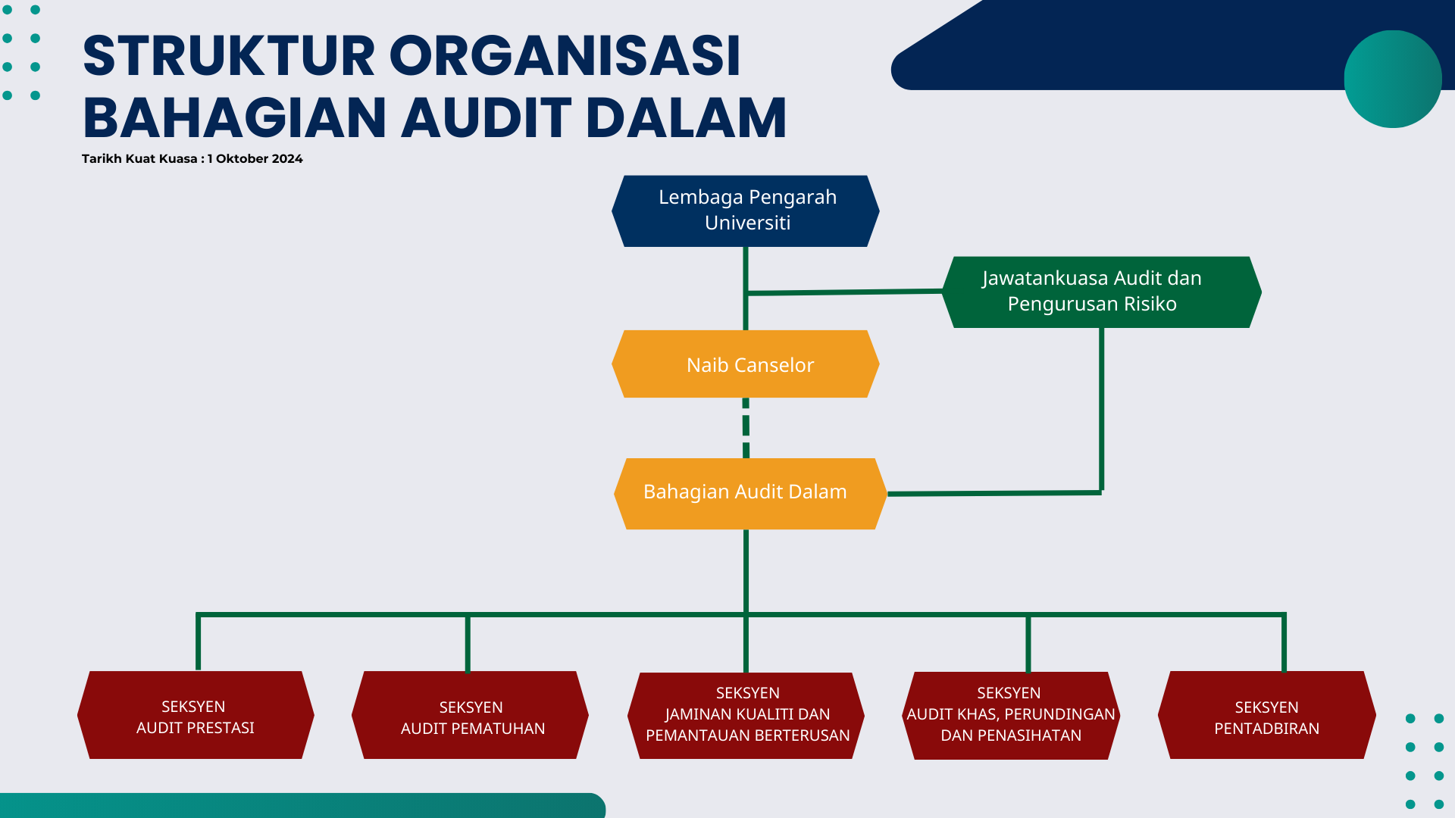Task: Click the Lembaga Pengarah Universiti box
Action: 746,211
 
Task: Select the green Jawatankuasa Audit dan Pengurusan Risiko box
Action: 1101,292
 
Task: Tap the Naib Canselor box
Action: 746,364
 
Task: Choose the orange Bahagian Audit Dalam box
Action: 749,493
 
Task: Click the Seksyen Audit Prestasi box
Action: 196,715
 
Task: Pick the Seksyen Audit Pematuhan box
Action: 470,715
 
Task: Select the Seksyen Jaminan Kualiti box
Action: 746,715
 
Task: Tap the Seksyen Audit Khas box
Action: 1011,715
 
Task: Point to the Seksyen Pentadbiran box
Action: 1266,715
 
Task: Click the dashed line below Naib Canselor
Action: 746,428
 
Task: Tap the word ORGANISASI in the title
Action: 565,56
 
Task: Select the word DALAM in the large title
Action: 686,118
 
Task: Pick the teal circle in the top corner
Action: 1392,79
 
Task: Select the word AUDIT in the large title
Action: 486,118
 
